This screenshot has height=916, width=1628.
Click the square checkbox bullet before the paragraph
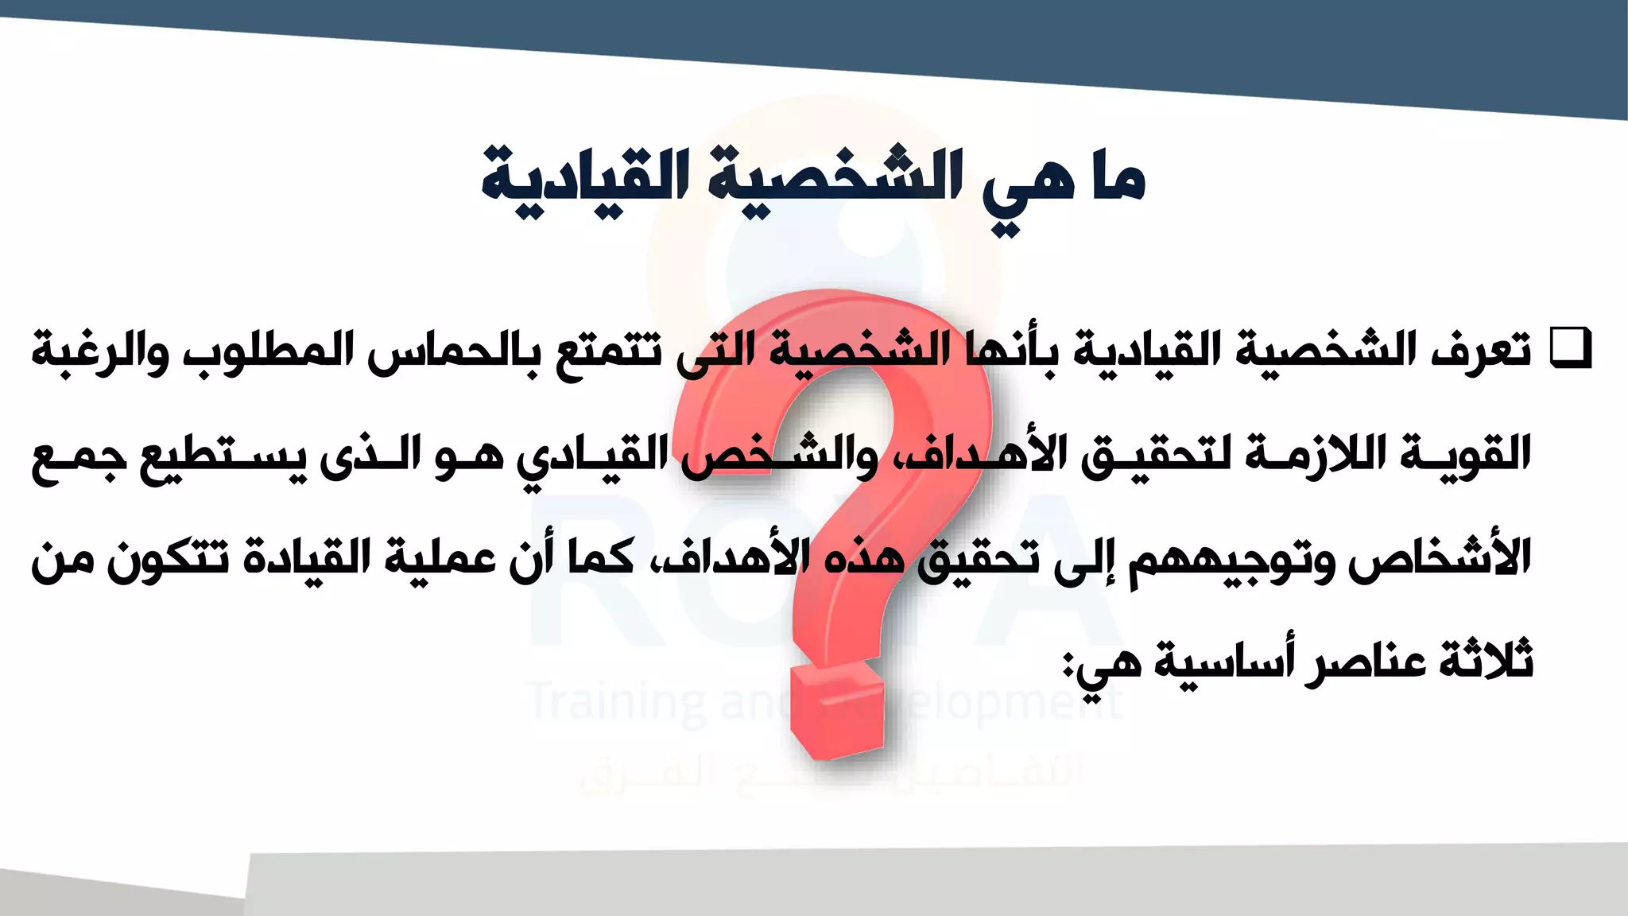1572,348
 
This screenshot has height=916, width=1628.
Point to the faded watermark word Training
617,703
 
